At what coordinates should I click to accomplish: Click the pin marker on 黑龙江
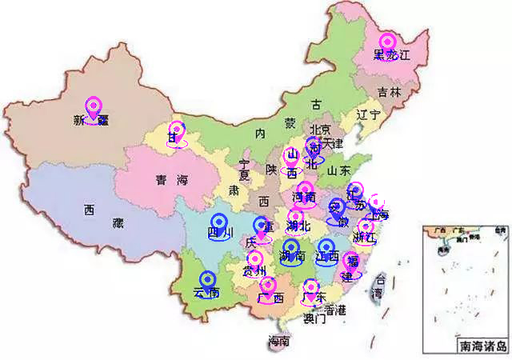click(x=388, y=42)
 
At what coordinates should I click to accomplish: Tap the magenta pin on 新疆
click(x=94, y=107)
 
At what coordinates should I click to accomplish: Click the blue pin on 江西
click(x=326, y=248)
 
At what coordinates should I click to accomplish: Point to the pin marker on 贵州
click(x=255, y=260)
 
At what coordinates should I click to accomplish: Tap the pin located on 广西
click(x=268, y=286)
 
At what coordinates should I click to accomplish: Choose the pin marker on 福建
click(x=350, y=262)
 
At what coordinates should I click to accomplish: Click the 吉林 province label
click(x=390, y=92)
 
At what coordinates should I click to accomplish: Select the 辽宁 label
click(x=367, y=114)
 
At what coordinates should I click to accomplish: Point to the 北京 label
click(x=320, y=130)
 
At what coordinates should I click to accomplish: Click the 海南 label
click(x=278, y=342)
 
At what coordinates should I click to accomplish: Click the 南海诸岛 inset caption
click(x=482, y=347)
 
